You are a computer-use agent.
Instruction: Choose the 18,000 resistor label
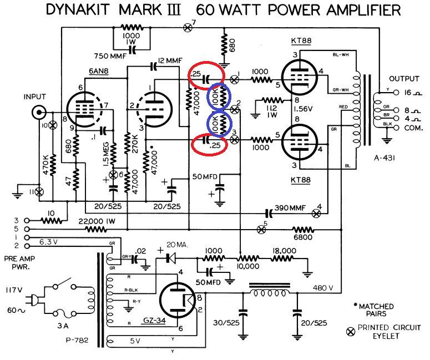pos(284,250)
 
